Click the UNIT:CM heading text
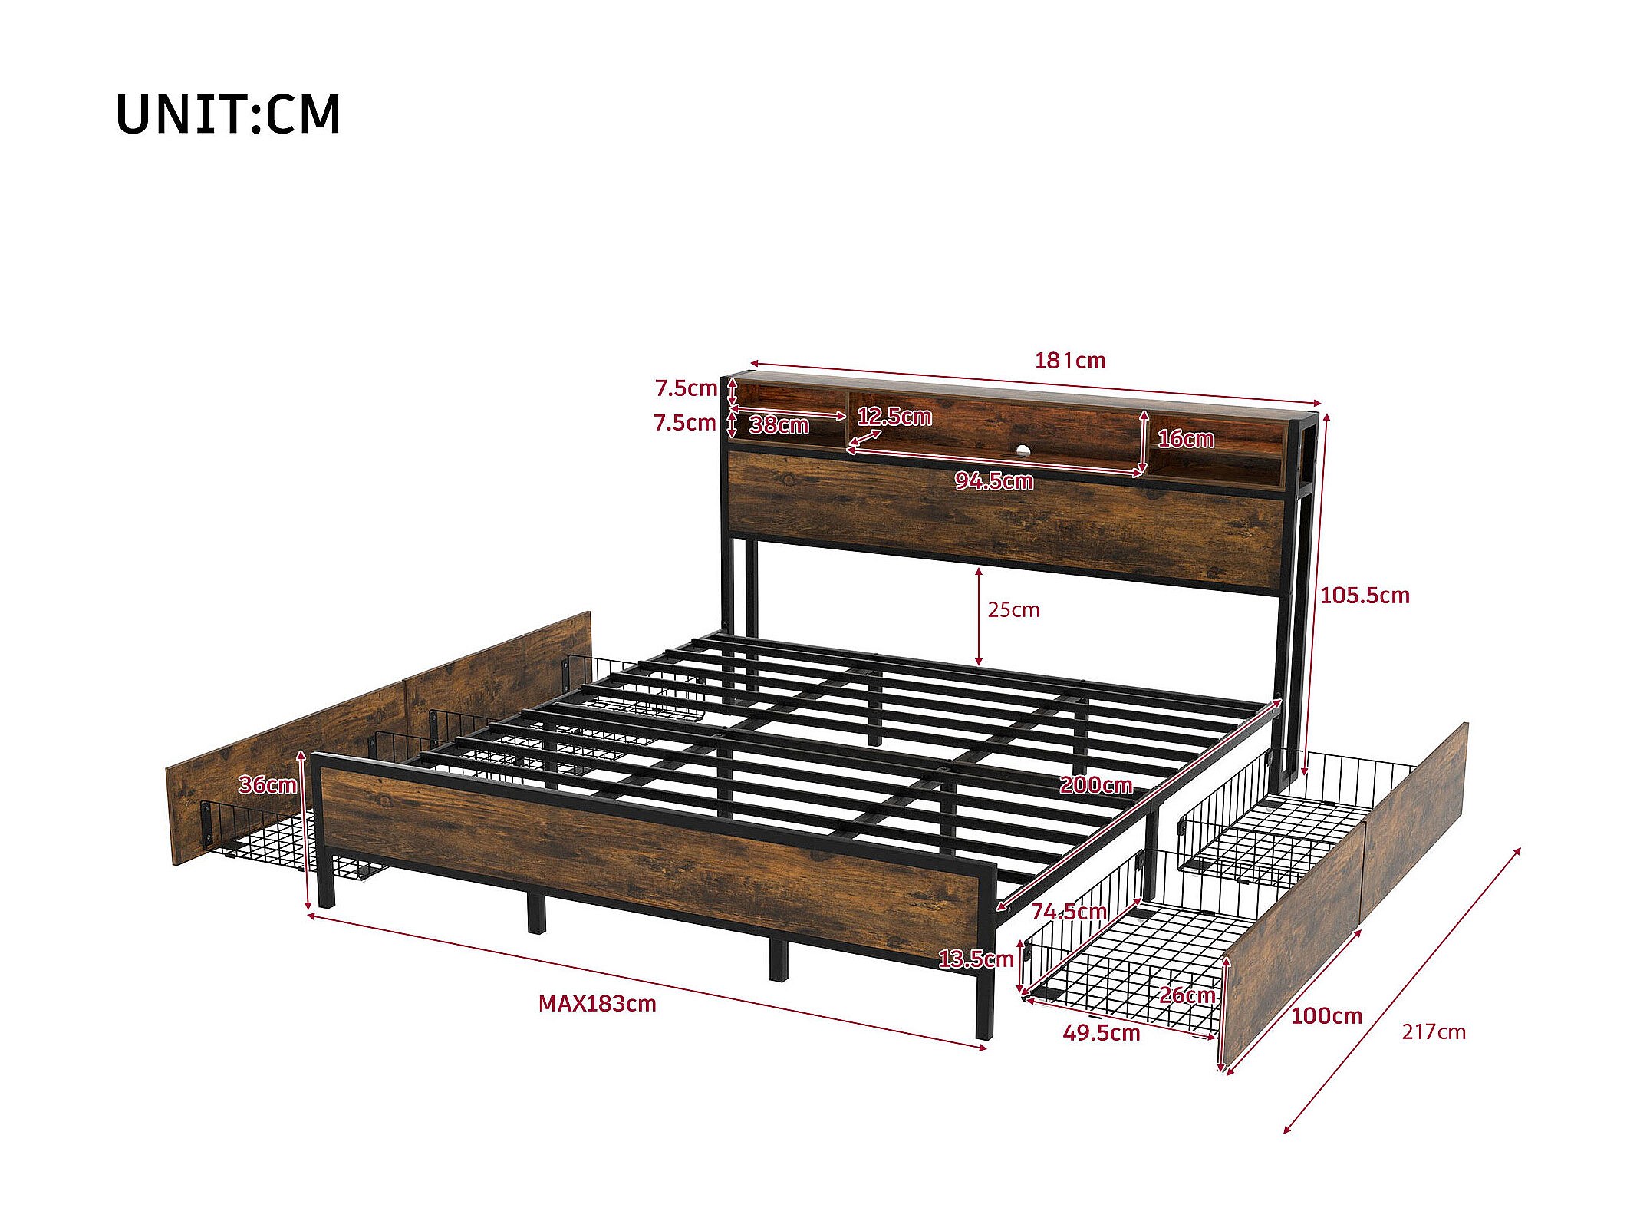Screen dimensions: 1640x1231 [228, 115]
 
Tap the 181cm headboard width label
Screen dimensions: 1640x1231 [1069, 361]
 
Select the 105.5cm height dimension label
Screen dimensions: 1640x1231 [1365, 596]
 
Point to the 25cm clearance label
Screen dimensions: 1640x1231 [1013, 610]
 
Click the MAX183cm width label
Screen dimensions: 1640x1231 [597, 1004]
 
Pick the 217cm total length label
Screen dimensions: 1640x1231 [1433, 1032]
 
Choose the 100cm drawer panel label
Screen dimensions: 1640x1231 [1326, 1016]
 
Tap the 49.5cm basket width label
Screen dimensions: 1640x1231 [1101, 1033]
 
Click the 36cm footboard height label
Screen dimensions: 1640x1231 [267, 785]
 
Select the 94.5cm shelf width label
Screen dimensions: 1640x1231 [993, 481]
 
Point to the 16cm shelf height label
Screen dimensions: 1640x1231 [1185, 439]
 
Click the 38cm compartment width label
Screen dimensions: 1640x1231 [779, 425]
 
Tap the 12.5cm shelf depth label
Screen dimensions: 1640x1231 [894, 417]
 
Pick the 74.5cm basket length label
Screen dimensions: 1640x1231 [1069, 912]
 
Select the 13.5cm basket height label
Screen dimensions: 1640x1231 [976, 959]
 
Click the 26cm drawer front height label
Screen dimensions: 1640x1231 [1187, 995]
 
